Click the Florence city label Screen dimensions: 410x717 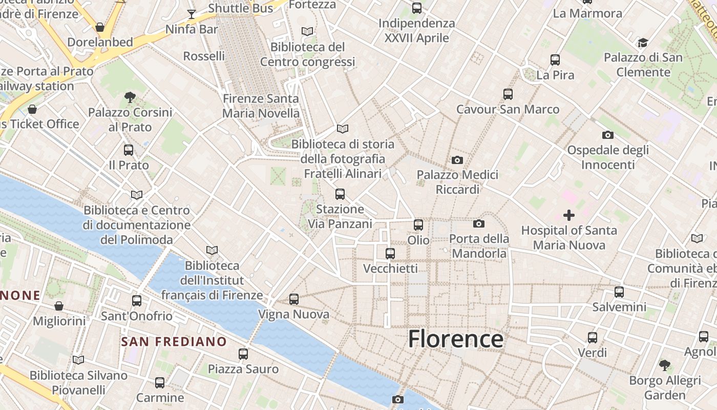pyautogui.click(x=455, y=339)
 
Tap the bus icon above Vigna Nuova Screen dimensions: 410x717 pyautogui.click(x=294, y=299)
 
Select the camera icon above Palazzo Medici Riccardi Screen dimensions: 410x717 pyautogui.click(x=457, y=160)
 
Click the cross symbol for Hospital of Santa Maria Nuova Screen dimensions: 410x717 pyautogui.click(x=569, y=215)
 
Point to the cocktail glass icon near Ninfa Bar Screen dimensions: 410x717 pyautogui.click(x=192, y=14)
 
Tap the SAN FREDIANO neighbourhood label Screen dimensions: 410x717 pyautogui.click(x=174, y=341)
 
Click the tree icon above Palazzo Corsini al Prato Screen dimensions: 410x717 pyautogui.click(x=130, y=97)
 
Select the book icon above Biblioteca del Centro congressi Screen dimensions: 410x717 pyautogui.click(x=307, y=31)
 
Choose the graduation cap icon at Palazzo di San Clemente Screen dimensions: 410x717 pyautogui.click(x=643, y=43)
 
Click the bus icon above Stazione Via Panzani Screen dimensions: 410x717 pyautogui.click(x=340, y=194)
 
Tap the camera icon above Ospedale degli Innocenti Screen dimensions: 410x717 pyautogui.click(x=608, y=135)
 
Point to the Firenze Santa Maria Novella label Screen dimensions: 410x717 pyautogui.click(x=261, y=106)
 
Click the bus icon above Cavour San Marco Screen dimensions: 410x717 pyautogui.click(x=508, y=94)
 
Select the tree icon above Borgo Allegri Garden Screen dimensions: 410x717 pyautogui.click(x=665, y=365)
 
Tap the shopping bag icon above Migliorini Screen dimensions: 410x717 pyautogui.click(x=59, y=306)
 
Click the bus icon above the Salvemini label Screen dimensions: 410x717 pyautogui.click(x=619, y=292)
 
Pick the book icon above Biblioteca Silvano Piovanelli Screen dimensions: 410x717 pyautogui.click(x=78, y=360)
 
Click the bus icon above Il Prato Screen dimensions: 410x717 pyautogui.click(x=129, y=150)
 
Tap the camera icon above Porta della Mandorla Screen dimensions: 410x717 pyautogui.click(x=479, y=223)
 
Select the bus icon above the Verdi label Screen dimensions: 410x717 pyautogui.click(x=593, y=338)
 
